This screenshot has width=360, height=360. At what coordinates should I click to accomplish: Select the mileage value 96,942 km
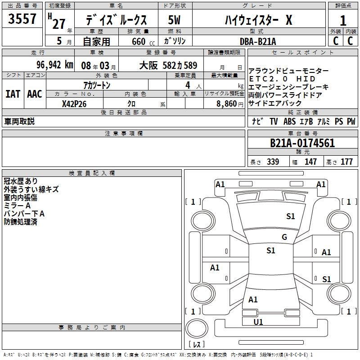pos(54,65)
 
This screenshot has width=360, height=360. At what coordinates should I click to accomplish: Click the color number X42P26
pos(74,104)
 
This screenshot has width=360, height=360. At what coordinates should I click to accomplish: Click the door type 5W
pos(175,20)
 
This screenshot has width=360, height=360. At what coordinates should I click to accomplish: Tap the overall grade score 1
pos(343,21)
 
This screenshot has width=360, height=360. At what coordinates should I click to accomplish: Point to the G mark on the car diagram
pos(284,237)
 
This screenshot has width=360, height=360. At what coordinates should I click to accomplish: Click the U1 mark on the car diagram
pos(258,322)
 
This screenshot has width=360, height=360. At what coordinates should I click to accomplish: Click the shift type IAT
pos(13,94)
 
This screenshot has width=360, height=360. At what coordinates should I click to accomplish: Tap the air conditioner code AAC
pos(35,94)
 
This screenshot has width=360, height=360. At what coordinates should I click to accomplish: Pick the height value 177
pos(346,162)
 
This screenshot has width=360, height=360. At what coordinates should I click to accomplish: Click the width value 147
pos(310,162)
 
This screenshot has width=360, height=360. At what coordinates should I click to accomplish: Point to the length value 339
pos(273,162)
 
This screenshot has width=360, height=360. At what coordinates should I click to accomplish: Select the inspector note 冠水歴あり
pos(21,181)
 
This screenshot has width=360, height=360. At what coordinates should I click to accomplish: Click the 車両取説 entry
pos(19,121)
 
